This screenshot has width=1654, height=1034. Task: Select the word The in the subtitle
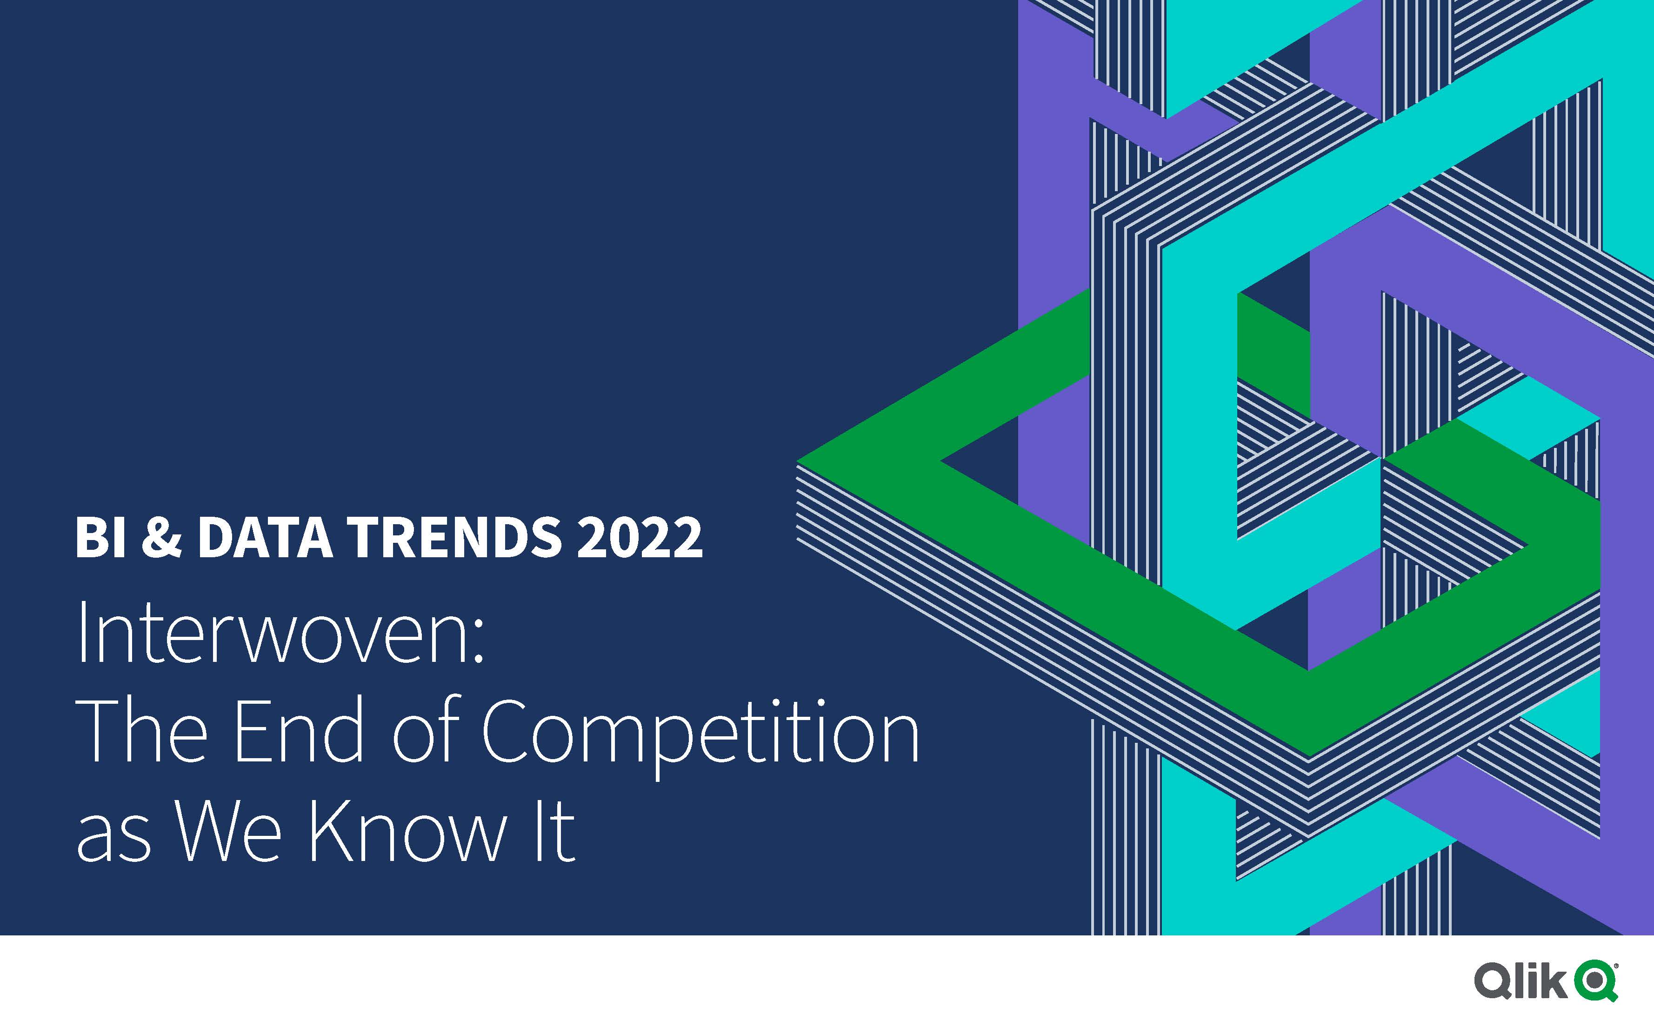pos(142,730)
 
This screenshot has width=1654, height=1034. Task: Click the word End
pos(299,730)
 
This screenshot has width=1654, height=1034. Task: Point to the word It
pos(554,830)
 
